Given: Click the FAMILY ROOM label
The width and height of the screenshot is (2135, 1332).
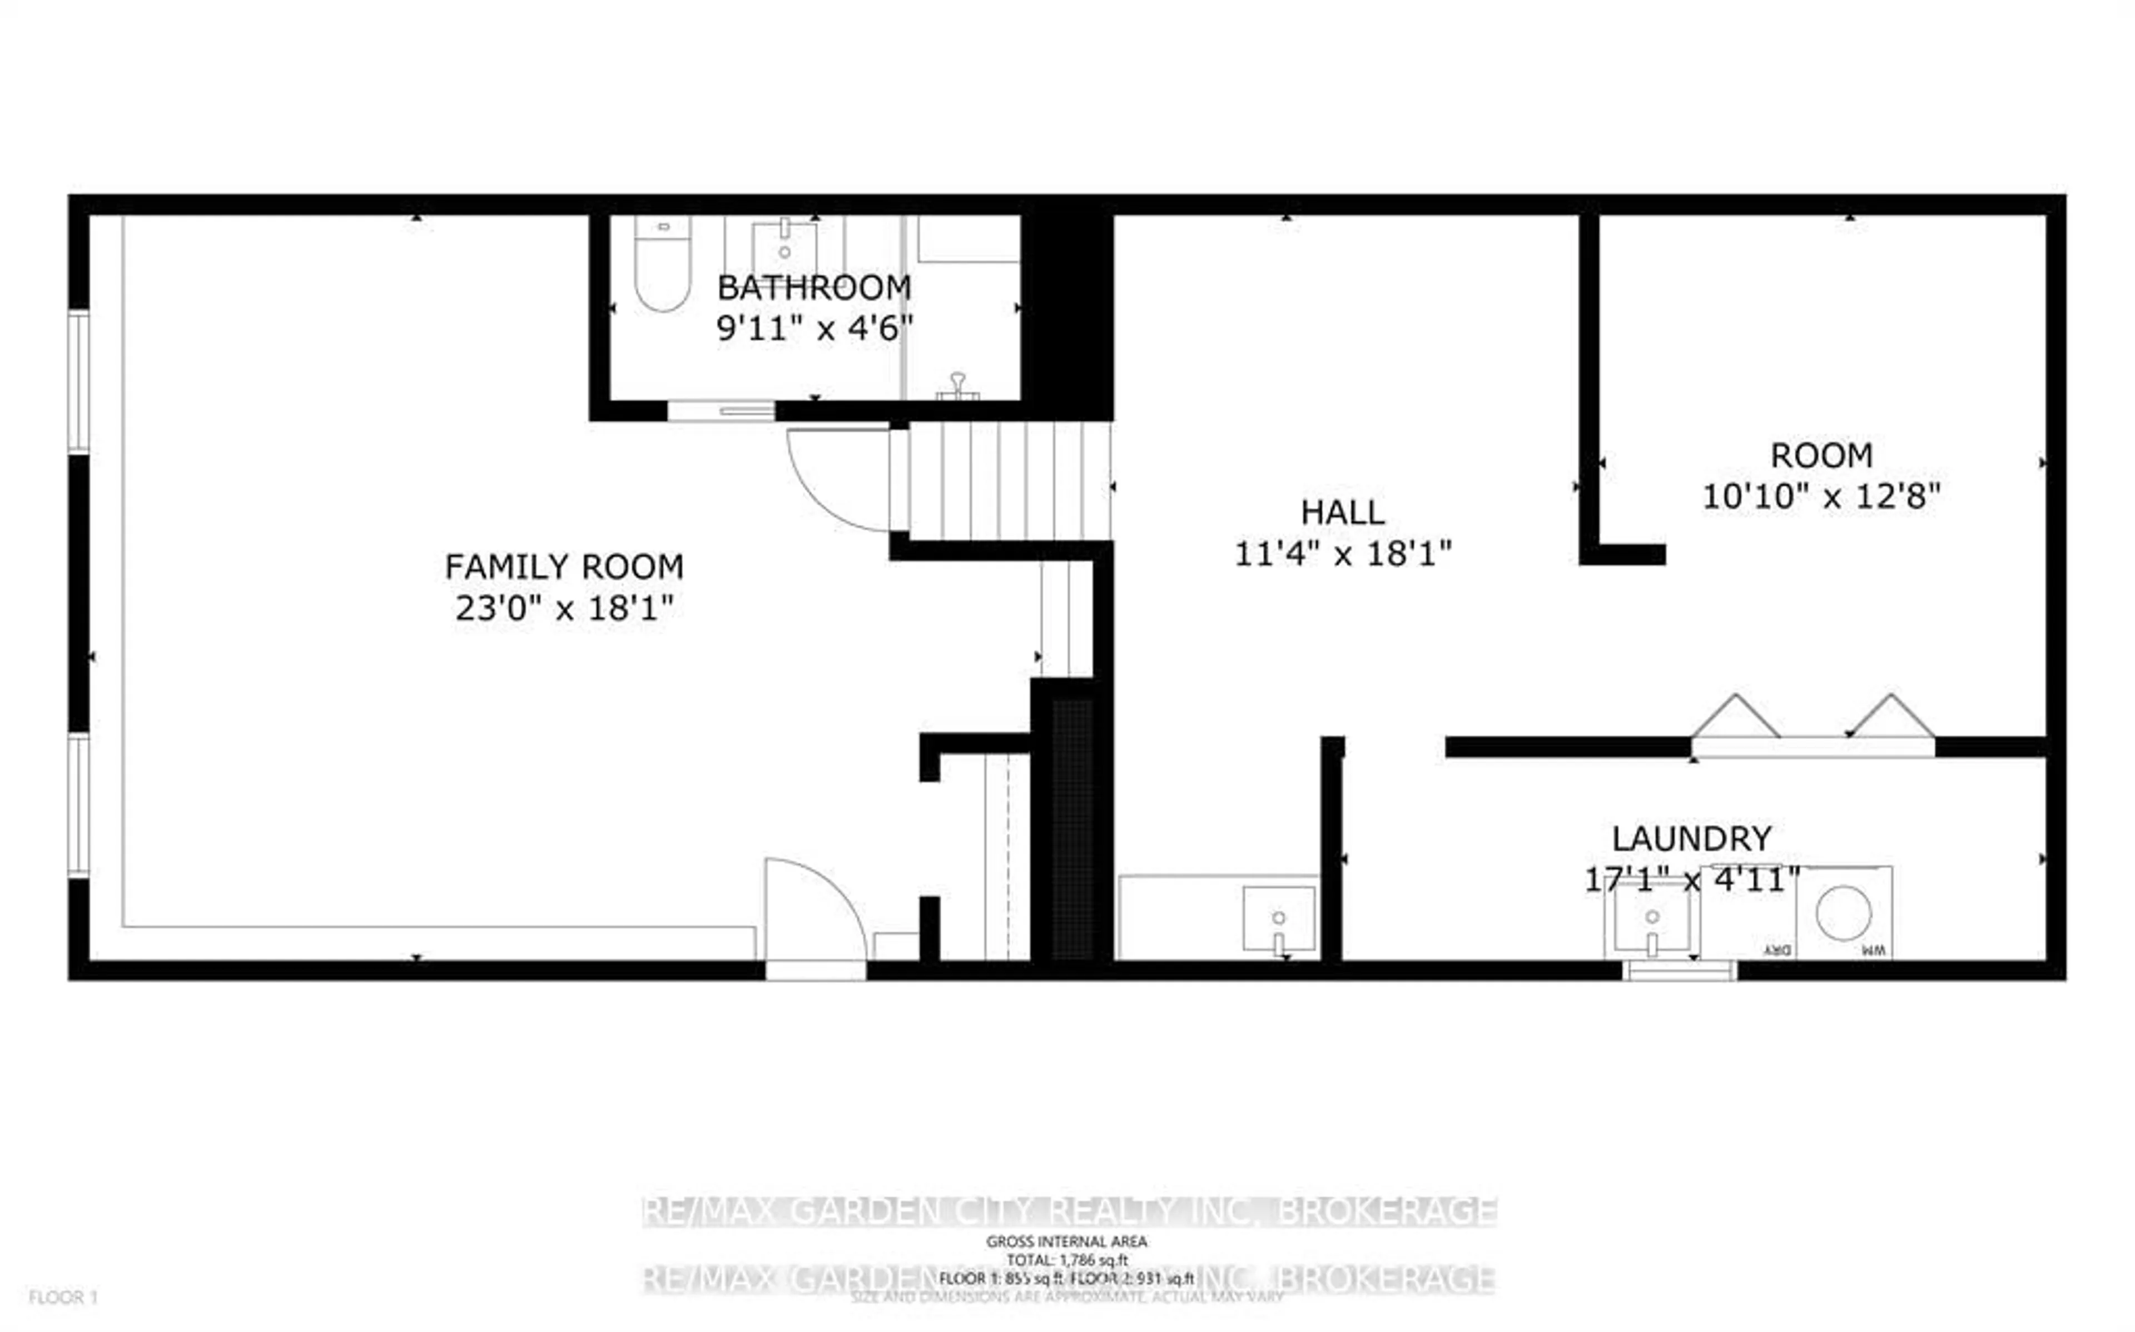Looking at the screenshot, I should point(564,566).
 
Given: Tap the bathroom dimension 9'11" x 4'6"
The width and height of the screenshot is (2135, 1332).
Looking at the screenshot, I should point(814,329).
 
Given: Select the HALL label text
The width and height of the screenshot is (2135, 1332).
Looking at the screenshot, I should point(1342,512).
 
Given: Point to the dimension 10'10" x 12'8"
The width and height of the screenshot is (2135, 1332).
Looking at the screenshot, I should point(1820,497).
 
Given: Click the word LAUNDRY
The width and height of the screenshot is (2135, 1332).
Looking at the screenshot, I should point(1691,839).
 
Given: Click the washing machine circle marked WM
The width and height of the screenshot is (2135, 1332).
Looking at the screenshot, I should point(1844,913).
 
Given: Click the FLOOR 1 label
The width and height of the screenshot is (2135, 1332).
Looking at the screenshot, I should point(63,1297).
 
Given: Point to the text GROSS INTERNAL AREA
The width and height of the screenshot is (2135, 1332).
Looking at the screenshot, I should point(1066,1241).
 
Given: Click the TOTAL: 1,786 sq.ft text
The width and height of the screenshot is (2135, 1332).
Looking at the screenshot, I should point(1066,1260).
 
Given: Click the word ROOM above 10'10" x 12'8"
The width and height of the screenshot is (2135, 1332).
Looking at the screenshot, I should point(1820,455).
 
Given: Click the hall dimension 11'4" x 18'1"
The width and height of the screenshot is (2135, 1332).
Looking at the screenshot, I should point(1342,554).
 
